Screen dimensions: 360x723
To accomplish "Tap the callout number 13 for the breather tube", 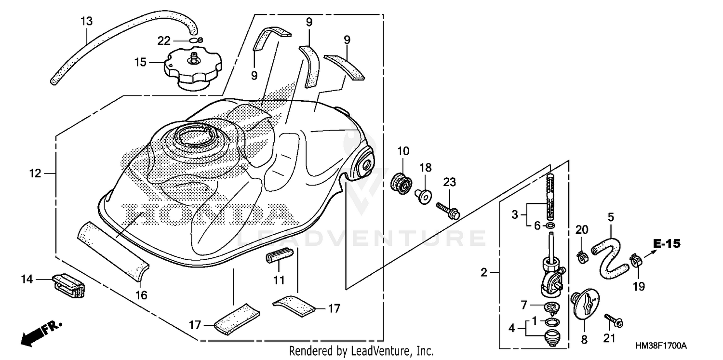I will [86, 21].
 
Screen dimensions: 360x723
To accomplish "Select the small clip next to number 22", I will [197, 40].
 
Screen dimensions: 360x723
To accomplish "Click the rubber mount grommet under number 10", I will [402, 184].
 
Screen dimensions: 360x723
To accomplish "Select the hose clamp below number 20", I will [582, 256].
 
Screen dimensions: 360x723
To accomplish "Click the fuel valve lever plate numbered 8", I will [586, 305].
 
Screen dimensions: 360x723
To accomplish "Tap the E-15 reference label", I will [667, 244].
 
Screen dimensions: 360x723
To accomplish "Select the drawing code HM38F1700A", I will [660, 346].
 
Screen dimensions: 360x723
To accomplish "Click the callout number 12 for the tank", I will [35, 173].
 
